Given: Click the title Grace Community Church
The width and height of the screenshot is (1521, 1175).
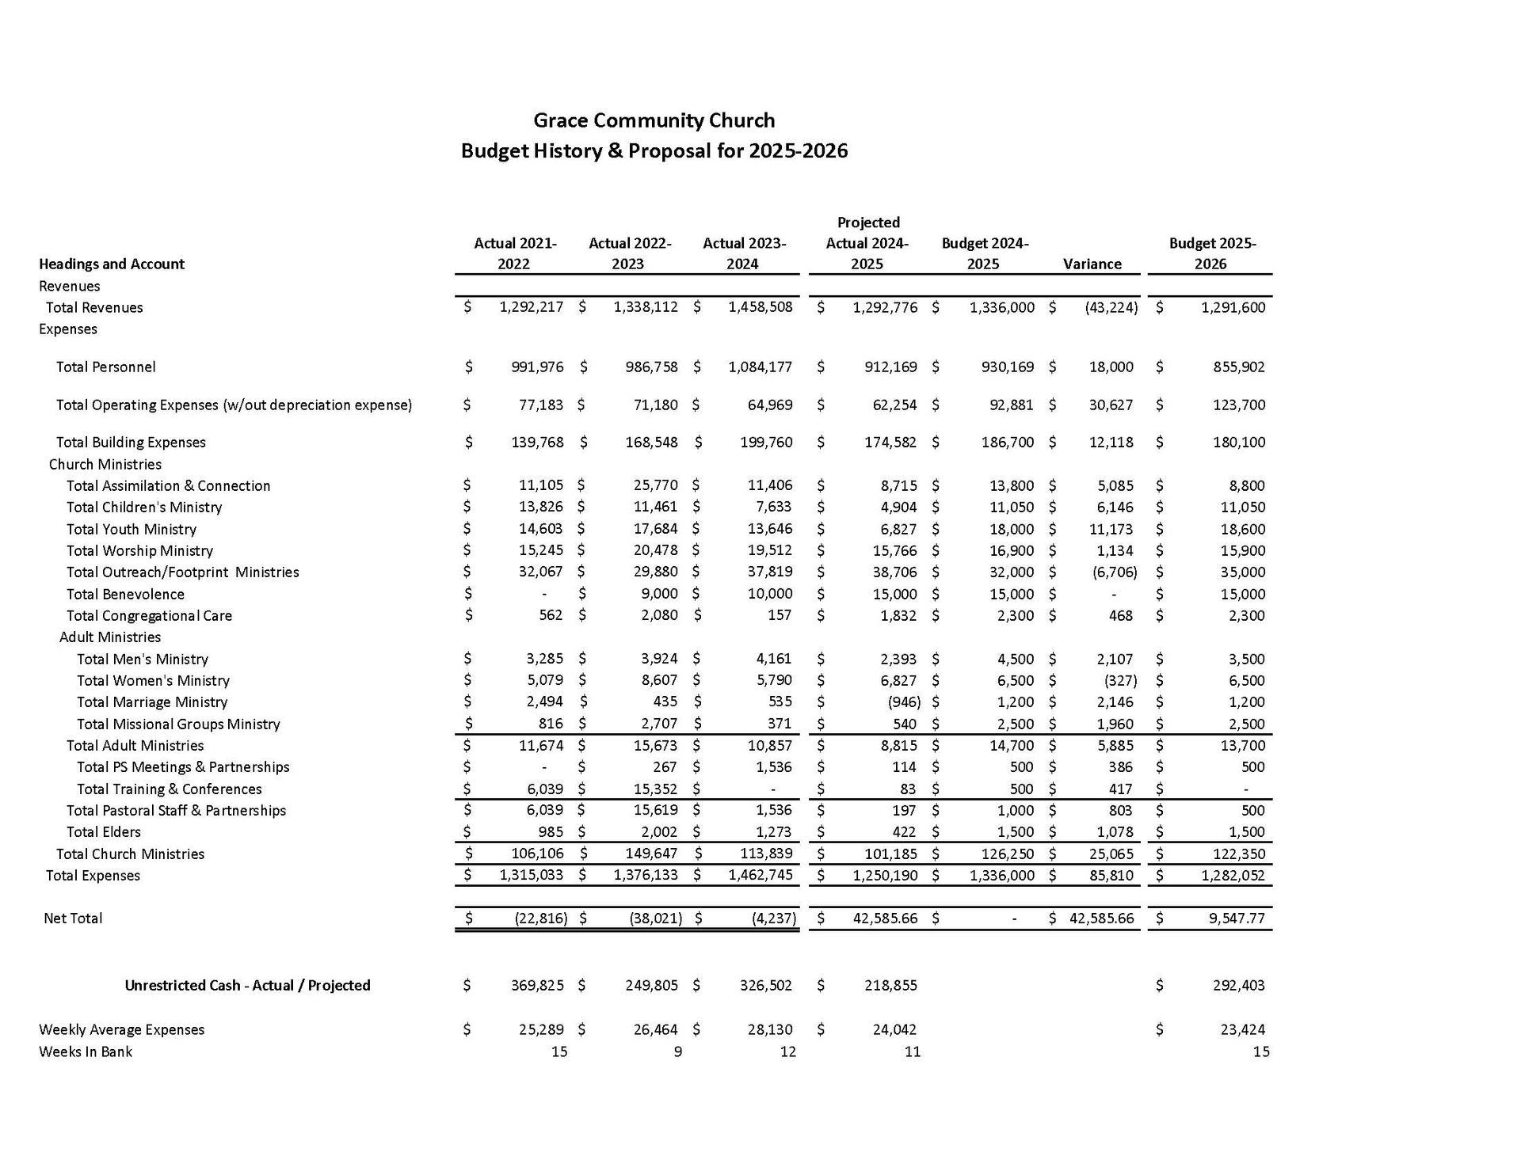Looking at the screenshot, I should point(654,120).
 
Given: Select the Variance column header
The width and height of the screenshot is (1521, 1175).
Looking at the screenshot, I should point(1092,264).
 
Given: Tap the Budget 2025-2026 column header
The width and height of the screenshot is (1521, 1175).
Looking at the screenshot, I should point(1211,253).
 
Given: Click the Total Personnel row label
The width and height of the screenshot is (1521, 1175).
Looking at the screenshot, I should point(105,367).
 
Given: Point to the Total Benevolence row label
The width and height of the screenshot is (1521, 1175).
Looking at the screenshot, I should point(125,594).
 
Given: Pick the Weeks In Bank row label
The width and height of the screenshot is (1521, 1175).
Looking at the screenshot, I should point(86,1051).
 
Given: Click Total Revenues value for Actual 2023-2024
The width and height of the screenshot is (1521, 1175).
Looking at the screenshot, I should point(760,307).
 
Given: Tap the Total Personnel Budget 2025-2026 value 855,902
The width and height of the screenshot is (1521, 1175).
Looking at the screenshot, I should point(1239,367).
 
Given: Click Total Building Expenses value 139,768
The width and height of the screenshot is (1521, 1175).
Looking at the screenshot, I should point(537,442).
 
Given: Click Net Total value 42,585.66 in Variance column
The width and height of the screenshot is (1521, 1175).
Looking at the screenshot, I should point(1101,918).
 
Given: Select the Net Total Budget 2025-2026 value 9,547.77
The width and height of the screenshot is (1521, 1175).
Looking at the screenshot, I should point(1233,918).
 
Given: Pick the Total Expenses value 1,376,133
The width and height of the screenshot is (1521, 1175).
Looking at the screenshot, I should point(646,875).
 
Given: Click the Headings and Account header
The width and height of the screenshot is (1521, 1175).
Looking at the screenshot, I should point(112,264).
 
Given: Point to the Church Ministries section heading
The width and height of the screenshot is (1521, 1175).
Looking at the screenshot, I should point(105,464).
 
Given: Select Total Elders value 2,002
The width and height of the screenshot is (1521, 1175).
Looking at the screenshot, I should point(660,831).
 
